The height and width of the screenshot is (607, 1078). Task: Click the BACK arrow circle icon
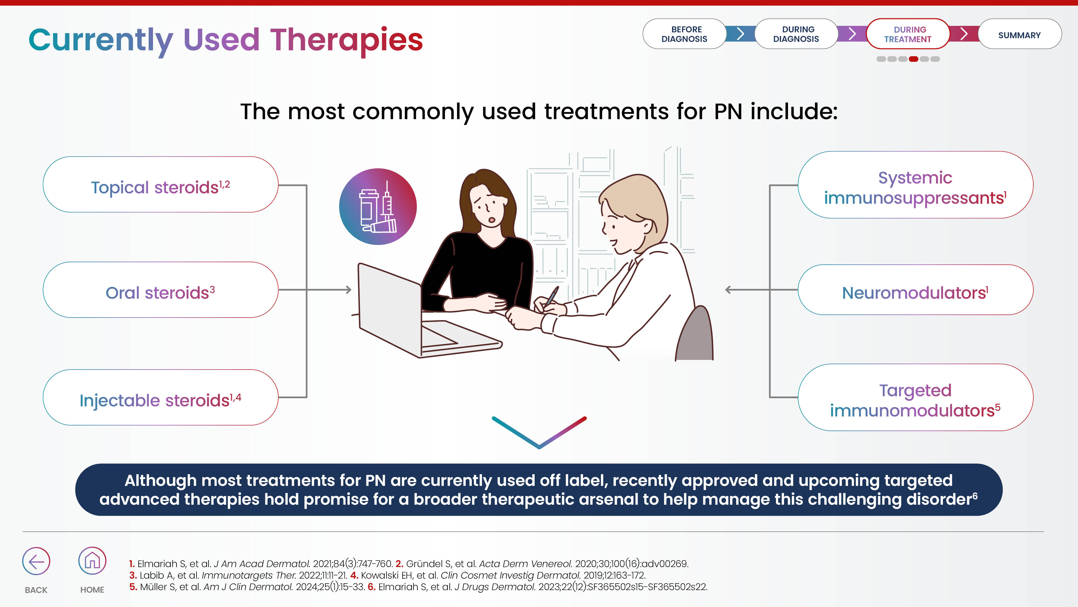(x=36, y=561)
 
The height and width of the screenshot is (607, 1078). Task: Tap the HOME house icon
(x=92, y=561)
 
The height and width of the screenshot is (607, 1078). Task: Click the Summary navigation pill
(x=1019, y=34)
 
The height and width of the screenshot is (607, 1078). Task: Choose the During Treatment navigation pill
(x=908, y=34)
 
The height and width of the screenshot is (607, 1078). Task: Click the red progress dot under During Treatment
(x=913, y=59)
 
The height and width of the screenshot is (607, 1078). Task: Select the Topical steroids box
(x=161, y=184)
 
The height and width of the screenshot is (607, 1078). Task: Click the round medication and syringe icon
(x=378, y=207)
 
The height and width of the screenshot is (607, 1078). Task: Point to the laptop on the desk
(x=423, y=312)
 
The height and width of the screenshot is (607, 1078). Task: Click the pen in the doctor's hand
(x=551, y=296)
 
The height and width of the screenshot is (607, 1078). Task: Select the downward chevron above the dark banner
(x=539, y=432)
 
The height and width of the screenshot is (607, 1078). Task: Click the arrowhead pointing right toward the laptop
(x=348, y=289)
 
